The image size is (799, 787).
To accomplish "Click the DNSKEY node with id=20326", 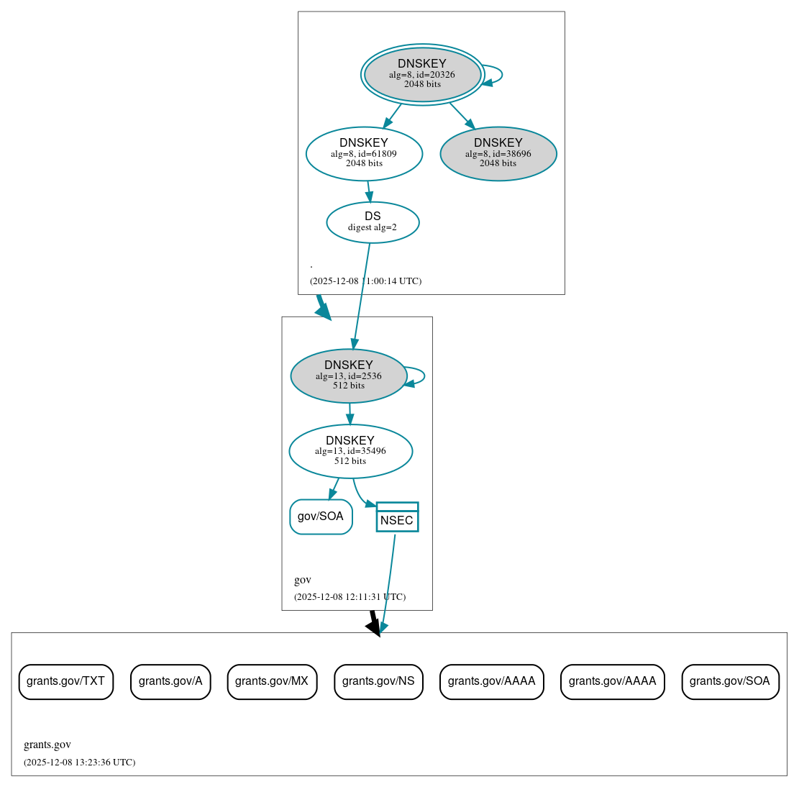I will [x=422, y=74].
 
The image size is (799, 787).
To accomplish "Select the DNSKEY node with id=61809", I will [x=364, y=153].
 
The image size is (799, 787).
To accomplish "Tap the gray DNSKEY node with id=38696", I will [x=498, y=153].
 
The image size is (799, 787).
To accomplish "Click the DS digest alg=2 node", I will [x=373, y=222].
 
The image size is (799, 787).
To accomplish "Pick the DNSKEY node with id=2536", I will [x=349, y=376].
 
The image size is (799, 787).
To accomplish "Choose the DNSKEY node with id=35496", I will [x=350, y=451].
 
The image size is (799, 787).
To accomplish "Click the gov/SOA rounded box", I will [x=321, y=517].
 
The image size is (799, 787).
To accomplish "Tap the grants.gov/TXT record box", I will [x=65, y=681].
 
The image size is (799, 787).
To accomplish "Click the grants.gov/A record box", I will [x=170, y=681].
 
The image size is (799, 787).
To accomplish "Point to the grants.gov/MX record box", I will [x=272, y=681].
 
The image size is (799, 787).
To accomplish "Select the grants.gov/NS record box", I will [x=378, y=681].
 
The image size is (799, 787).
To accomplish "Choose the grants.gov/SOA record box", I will [x=730, y=681].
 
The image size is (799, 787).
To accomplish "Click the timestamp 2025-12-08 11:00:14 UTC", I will [x=365, y=281].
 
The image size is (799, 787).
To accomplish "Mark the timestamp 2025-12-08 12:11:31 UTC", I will [x=350, y=597].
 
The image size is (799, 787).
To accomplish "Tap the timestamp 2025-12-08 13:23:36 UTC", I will [x=79, y=763].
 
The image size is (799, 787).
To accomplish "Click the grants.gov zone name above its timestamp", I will [x=47, y=745].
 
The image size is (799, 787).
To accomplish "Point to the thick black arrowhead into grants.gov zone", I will [x=373, y=627].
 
